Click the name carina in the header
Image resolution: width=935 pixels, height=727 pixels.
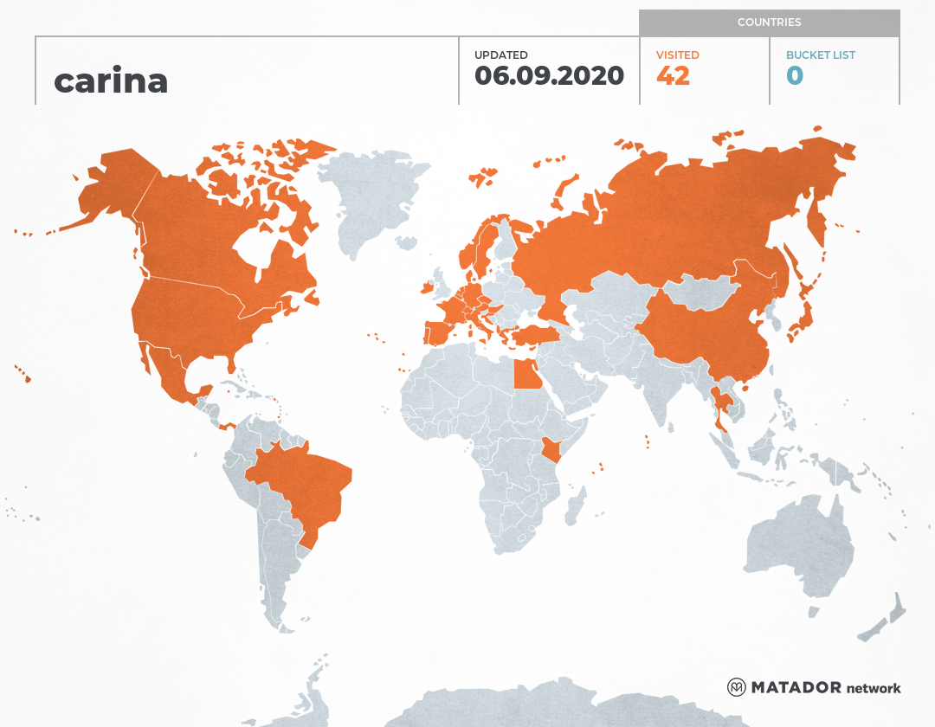click(111, 80)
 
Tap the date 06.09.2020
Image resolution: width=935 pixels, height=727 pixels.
click(549, 76)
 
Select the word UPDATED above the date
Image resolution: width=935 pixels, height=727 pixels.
click(500, 55)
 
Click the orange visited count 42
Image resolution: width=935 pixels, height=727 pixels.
click(673, 76)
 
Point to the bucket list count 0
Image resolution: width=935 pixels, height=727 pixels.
click(795, 76)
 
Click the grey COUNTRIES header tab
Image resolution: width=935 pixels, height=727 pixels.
click(769, 23)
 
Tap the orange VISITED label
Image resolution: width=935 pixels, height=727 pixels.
click(677, 55)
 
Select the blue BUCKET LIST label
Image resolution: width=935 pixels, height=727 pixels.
click(820, 55)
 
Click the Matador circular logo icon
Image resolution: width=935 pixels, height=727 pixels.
click(737, 687)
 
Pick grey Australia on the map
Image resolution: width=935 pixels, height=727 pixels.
click(796, 545)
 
